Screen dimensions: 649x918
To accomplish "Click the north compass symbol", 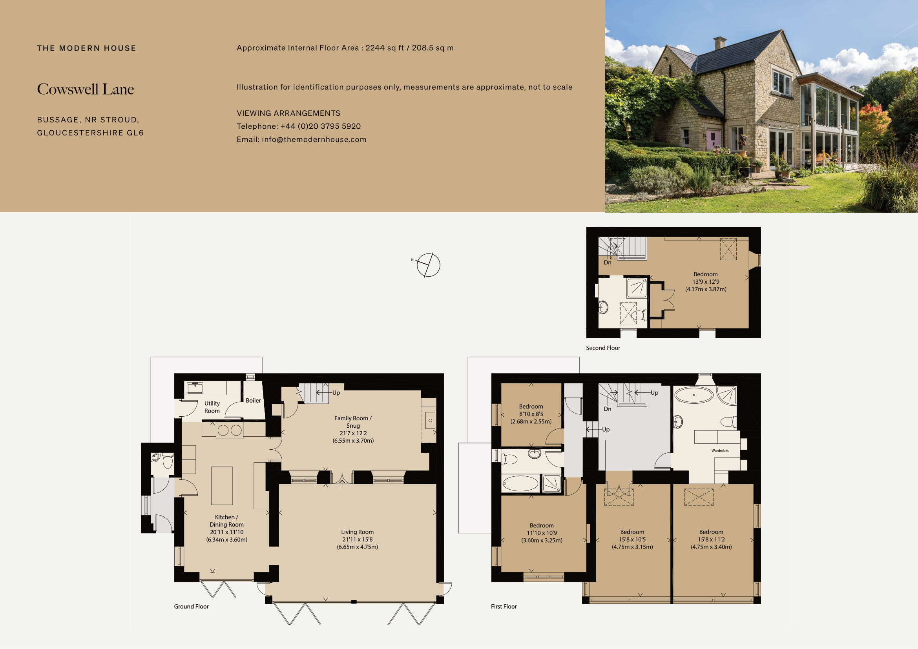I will click(428, 265).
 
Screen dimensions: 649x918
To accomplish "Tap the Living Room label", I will click(357, 539).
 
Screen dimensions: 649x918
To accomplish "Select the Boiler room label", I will click(253, 401).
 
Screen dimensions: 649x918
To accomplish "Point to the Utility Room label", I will click(212, 407).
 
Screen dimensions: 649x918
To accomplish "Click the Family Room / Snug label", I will click(353, 429).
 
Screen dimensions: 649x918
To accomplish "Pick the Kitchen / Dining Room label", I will click(226, 528).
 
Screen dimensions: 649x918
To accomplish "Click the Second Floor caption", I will click(603, 348).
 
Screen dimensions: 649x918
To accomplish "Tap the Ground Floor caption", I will click(191, 607).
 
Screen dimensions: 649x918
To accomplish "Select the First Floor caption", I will click(504, 607).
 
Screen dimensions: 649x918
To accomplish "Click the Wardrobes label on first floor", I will click(720, 451).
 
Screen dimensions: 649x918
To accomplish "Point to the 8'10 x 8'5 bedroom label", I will click(531, 414).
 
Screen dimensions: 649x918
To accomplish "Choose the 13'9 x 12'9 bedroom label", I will click(706, 282).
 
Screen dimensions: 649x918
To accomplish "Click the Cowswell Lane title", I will click(86, 89).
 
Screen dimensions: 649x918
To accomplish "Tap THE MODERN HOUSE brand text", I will click(86, 48).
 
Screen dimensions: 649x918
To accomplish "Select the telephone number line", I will click(299, 126).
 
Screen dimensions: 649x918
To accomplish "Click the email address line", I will click(301, 139).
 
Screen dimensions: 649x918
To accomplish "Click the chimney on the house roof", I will click(720, 43).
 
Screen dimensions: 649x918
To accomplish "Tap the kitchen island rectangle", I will click(222, 485).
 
